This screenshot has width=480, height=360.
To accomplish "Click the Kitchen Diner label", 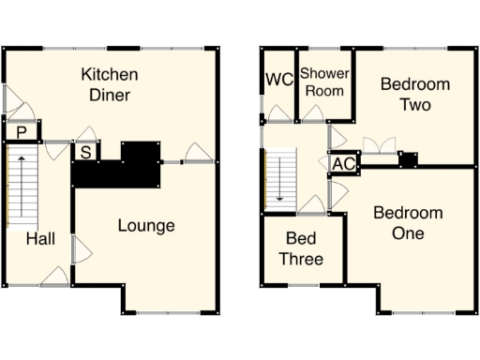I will point(110,84).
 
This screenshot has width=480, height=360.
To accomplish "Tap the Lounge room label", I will point(146,226).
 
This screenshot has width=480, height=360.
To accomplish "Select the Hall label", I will point(40,239).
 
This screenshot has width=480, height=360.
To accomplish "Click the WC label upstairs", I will point(278,81).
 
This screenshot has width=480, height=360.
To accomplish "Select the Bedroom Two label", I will point(414,95).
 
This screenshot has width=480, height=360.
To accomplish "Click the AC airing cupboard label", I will point(344,164).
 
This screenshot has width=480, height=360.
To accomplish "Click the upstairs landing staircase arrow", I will point(278,180).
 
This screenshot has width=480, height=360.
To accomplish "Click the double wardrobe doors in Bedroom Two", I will point(378,145).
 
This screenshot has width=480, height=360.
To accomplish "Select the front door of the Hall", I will point(54,277).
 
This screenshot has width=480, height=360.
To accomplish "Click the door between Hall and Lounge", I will point(82,248).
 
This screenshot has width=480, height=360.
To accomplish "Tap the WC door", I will point(278,114).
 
